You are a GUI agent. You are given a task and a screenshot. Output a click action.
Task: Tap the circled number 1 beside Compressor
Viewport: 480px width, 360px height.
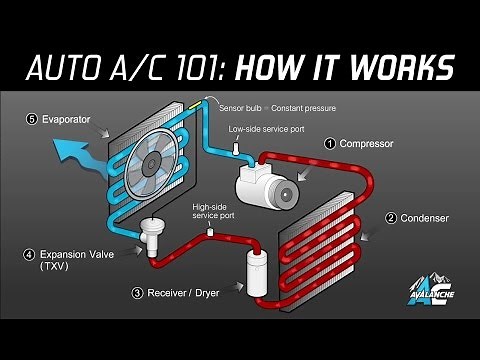point(327,144)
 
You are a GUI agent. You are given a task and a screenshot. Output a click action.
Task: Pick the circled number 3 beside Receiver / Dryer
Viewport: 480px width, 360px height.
point(137,293)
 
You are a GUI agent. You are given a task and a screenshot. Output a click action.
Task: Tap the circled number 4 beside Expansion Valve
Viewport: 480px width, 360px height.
point(29,254)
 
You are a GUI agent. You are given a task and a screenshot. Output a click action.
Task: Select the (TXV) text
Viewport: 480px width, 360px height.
point(53,268)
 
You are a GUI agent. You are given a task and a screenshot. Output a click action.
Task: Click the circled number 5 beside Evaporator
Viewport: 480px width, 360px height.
point(33,119)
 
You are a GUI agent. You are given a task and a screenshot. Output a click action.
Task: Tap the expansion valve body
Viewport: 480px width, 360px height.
point(153,237)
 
